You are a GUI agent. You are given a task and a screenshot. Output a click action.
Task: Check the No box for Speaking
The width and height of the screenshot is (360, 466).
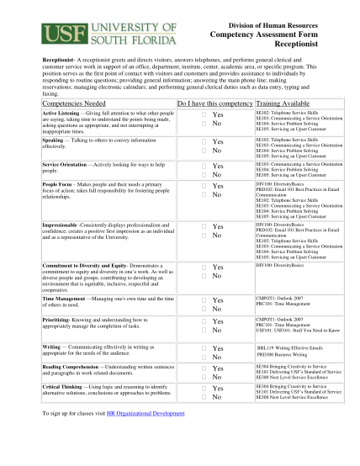click(204, 151)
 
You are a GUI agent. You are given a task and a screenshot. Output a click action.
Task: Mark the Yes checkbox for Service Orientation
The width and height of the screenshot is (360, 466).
click(204, 166)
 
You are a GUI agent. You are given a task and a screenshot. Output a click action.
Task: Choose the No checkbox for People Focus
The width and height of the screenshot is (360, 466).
click(204, 194)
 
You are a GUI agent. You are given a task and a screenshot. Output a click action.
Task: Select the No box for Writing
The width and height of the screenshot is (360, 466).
click(204, 357)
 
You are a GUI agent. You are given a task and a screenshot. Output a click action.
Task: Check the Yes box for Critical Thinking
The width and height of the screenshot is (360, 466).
click(204, 389)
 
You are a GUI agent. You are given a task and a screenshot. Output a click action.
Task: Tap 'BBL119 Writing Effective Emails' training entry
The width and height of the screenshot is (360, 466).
click(288, 347)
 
